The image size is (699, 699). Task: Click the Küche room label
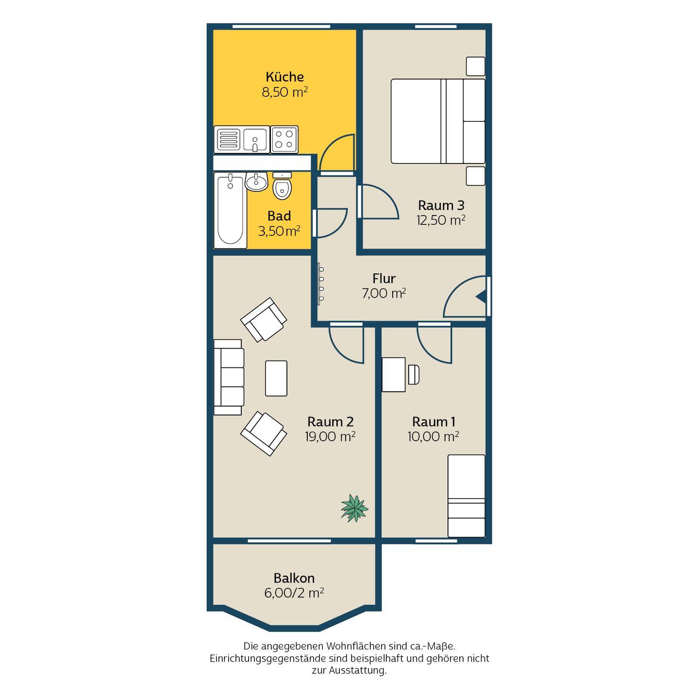coord(285,77)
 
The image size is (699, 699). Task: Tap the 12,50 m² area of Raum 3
coord(441,220)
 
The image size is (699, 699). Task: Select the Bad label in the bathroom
coord(279,216)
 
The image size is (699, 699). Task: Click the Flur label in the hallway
coord(384,278)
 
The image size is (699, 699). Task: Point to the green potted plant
coord(354,508)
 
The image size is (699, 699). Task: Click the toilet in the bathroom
coord(282,186)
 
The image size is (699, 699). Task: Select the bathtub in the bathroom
coord(231,210)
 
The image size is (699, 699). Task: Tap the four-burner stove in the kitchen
coord(284,139)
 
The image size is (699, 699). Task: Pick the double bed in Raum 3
coord(438,121)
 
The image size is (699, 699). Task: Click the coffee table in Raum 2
coord(276,378)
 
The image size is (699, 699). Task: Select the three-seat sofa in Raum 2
coord(229,377)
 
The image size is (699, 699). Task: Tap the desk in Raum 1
coord(394,375)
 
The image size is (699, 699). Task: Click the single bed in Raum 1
coord(466,496)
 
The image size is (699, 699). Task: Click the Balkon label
coord(294,578)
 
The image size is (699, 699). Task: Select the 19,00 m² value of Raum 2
coord(330,436)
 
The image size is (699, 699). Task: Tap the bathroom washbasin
coord(256,181)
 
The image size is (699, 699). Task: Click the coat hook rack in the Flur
coord(321,283)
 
